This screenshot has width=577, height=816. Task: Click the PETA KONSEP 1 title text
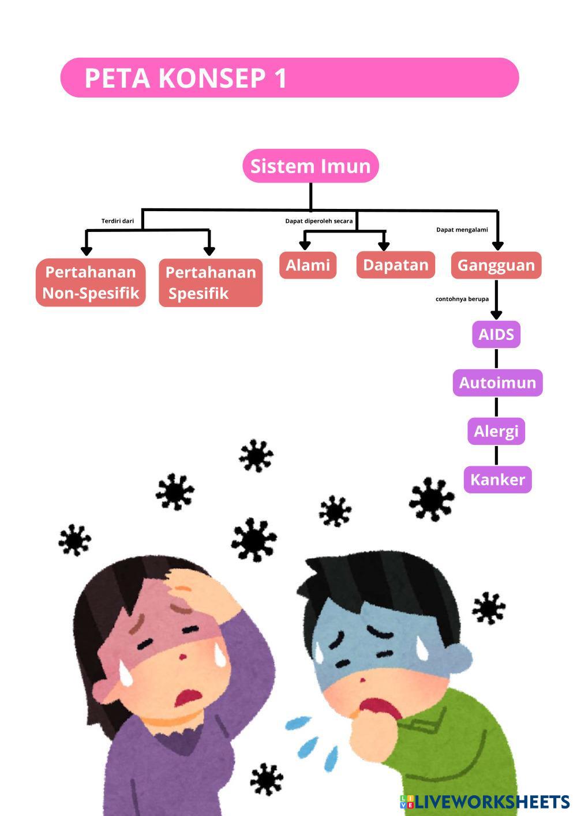185,78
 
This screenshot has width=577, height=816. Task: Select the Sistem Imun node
310,166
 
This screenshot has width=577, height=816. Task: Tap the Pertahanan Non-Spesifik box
91,283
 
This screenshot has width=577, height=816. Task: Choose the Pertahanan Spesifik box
211,283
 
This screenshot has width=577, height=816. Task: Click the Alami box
308,265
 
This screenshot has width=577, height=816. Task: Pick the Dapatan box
396,265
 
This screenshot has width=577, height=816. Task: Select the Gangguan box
496,265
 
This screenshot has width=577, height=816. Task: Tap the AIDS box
496,335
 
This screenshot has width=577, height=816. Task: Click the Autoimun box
497,383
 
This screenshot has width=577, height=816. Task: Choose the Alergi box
496,431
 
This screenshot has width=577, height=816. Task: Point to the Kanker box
497,480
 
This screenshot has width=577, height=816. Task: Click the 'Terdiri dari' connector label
118,221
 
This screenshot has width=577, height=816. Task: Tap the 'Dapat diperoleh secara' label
319,221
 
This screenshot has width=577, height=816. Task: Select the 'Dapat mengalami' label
462,230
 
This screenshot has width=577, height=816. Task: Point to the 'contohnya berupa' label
462,299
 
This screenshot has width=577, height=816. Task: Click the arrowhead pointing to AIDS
496,315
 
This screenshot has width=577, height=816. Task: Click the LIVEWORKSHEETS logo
485,802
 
